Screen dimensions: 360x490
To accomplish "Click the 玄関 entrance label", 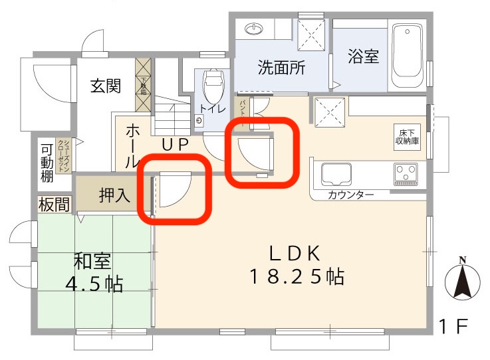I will [x=105, y=86].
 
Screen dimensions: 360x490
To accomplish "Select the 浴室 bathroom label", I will [x=363, y=56].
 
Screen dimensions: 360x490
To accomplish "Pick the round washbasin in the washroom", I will [x=254, y=29].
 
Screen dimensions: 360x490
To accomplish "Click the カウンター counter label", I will [x=350, y=195].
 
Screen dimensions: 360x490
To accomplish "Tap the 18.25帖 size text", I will [x=297, y=276].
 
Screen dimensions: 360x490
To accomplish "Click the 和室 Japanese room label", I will [x=92, y=261].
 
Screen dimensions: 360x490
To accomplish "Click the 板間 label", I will [x=53, y=205].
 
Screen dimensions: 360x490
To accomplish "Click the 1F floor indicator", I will [x=453, y=326].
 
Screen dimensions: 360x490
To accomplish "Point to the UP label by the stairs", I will [x=175, y=143].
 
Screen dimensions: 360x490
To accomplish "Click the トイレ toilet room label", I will [x=213, y=108].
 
